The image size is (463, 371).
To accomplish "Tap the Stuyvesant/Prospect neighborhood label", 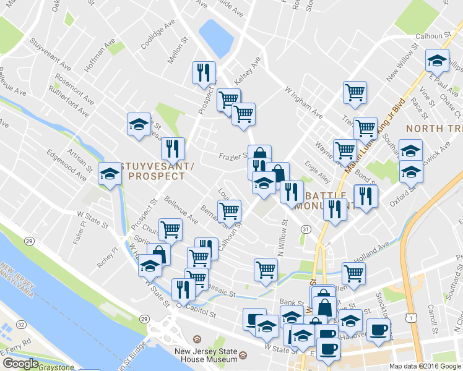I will click(154, 171).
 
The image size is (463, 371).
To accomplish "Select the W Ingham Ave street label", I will click(303, 102).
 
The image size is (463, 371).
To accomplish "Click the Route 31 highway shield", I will click(306, 229).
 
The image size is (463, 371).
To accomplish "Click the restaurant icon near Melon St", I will click(203, 72).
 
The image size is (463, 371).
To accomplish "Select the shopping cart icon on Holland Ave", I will click(353, 273).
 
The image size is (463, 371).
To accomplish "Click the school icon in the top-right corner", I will click(437, 61).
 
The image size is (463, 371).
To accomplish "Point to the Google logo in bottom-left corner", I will click(20, 364).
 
